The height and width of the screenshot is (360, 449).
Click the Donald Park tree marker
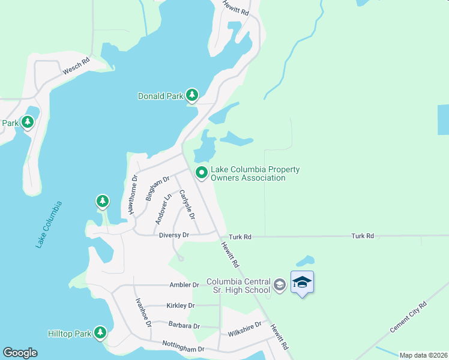tap(192, 95)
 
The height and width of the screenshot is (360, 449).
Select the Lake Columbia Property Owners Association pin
tap(202, 173)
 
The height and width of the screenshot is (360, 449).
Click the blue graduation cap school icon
tap(302, 283)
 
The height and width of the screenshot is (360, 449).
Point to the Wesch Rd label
tap(76, 65)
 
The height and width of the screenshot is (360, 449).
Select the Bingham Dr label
tap(158, 188)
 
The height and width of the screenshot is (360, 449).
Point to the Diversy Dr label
tap(174, 235)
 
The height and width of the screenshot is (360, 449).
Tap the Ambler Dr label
tap(184, 285)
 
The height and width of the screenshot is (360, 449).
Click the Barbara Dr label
tap(184, 326)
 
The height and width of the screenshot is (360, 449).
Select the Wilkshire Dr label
tap(244, 329)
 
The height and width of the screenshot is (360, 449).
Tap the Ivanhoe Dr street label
tap(143, 312)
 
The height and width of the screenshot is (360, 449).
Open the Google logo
tap(20, 353)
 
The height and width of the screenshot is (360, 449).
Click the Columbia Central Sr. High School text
tap(239, 286)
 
